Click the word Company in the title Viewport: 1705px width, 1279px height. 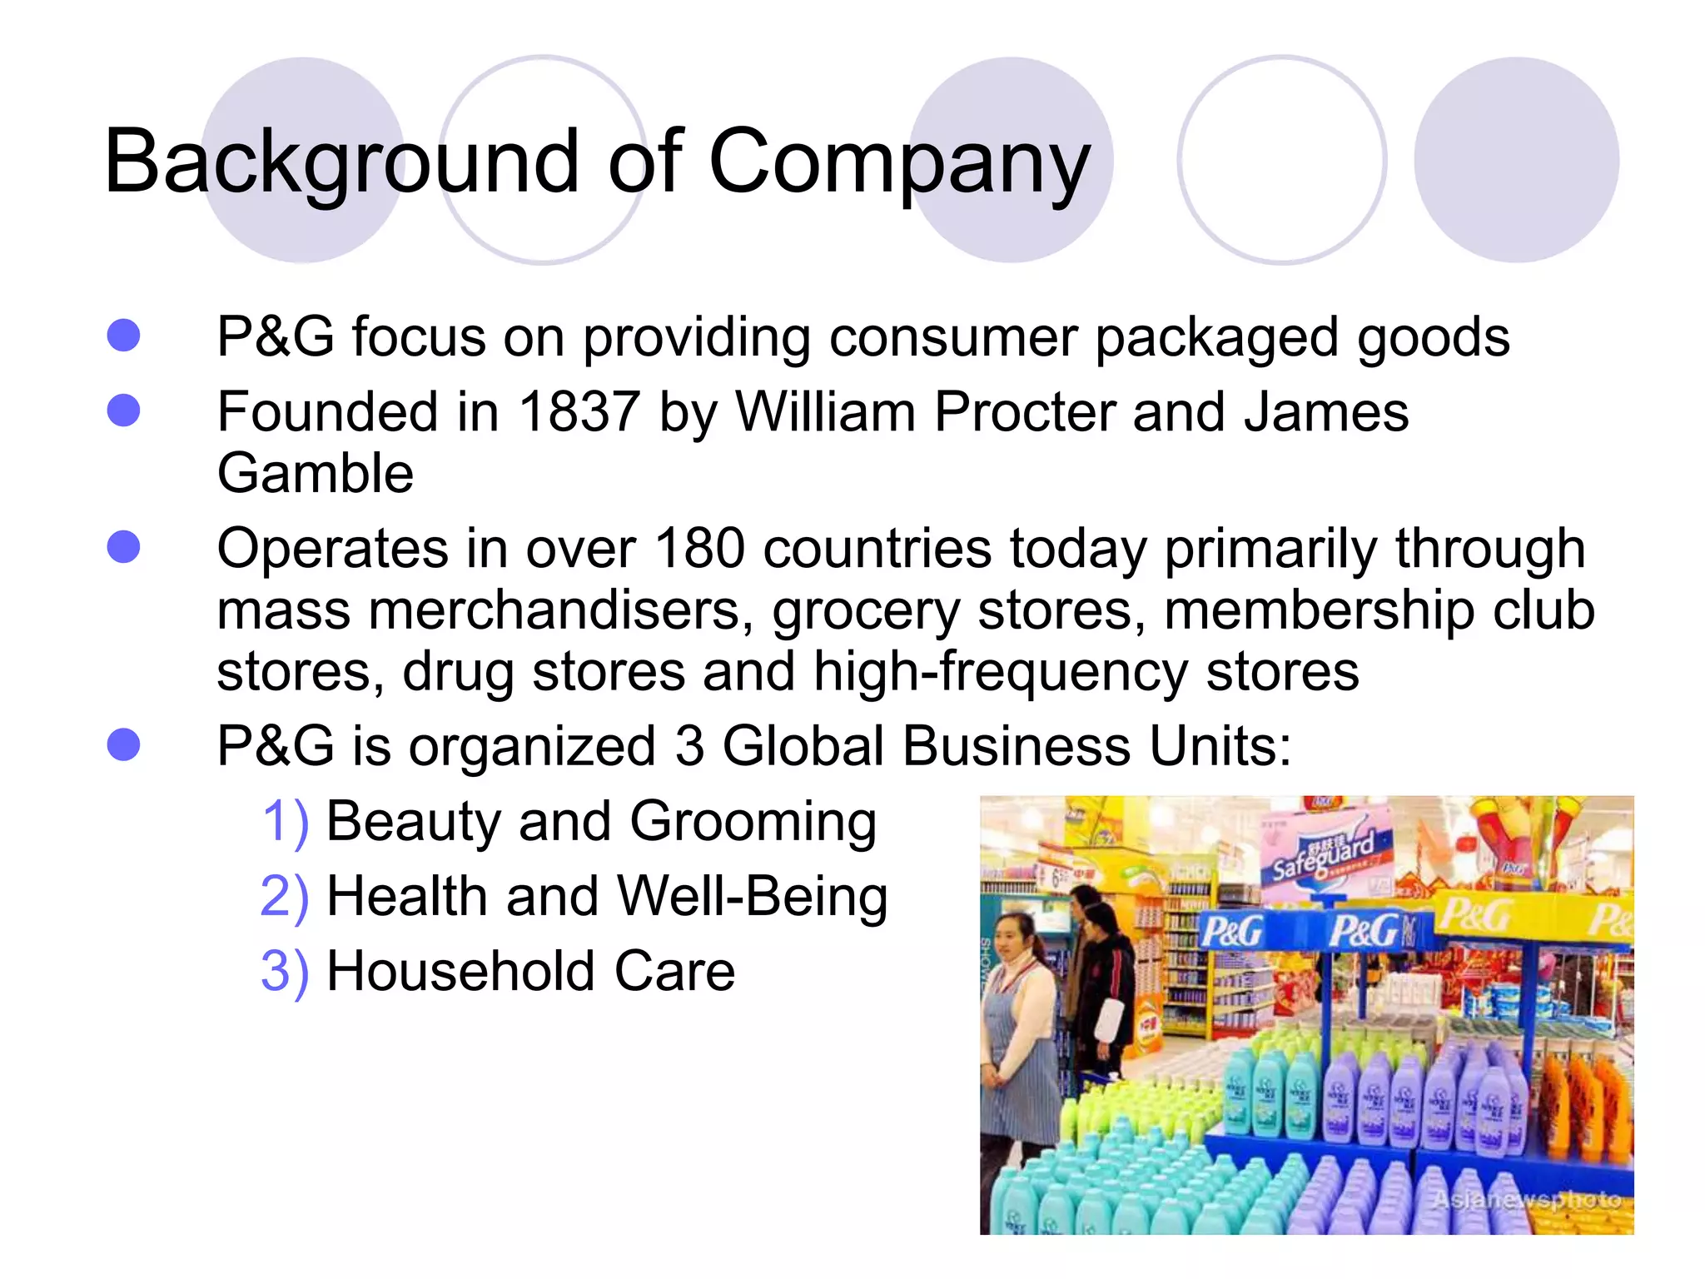898,162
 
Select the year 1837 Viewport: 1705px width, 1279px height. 579,412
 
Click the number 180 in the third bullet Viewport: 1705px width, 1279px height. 699,549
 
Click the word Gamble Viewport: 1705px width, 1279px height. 315,474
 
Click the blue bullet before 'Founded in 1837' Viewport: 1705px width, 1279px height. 124,411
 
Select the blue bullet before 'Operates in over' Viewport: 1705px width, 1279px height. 124,547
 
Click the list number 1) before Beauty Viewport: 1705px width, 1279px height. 285,822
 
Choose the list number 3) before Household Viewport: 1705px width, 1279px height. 285,972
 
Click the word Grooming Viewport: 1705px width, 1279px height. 753,822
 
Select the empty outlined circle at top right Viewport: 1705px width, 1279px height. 1281,160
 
